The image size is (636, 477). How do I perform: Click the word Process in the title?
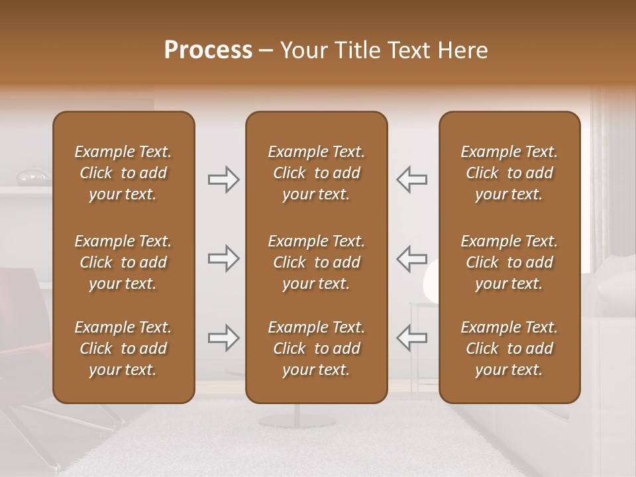(208, 50)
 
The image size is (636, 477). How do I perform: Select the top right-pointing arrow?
(224, 180)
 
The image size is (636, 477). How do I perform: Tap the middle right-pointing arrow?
(224, 258)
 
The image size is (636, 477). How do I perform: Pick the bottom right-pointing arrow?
(224, 339)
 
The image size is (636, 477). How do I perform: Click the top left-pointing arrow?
(411, 180)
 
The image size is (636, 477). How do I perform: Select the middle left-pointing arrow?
(411, 258)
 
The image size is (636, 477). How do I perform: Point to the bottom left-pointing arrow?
(411, 339)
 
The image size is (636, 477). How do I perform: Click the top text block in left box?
(123, 173)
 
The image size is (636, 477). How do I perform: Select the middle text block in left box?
(123, 262)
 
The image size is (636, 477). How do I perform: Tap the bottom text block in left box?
(123, 348)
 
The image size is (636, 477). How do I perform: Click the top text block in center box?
(316, 173)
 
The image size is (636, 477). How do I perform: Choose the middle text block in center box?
(316, 262)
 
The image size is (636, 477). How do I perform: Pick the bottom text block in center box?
(316, 348)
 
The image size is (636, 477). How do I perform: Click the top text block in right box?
(509, 173)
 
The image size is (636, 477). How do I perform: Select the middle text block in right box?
(509, 262)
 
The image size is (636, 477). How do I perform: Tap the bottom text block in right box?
(509, 348)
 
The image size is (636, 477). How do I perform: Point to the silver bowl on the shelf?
(32, 176)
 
